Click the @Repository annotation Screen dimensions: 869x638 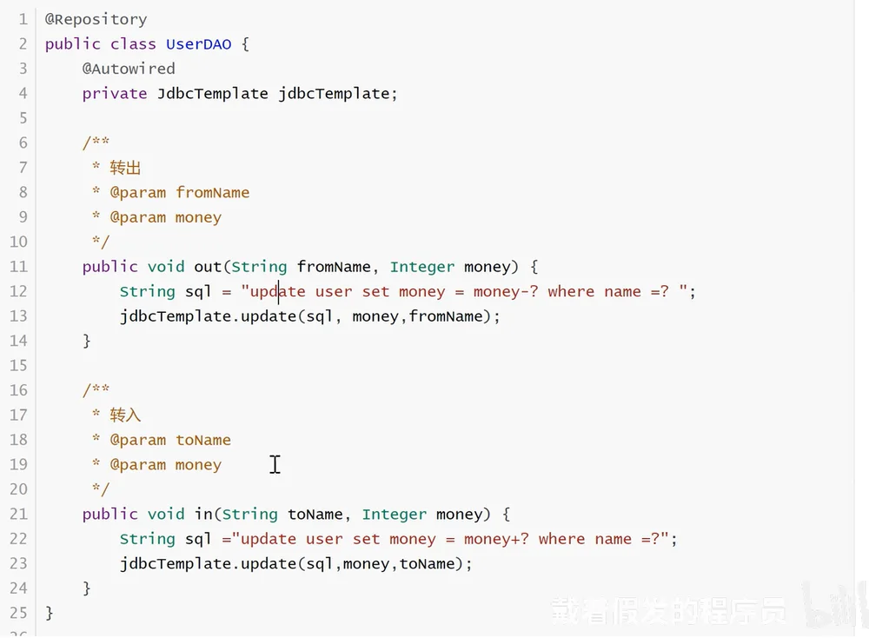(96, 19)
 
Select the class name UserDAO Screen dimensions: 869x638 (198, 43)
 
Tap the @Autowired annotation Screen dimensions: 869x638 (129, 69)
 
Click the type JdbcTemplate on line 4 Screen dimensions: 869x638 (212, 93)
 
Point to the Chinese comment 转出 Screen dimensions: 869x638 (125, 168)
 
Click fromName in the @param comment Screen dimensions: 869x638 (212, 192)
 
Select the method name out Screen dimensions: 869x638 (208, 267)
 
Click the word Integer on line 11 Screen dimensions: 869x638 (421, 267)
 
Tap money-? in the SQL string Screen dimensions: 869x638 (506, 291)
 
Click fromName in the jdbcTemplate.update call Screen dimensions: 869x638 (446, 316)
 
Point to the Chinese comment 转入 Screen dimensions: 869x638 (125, 415)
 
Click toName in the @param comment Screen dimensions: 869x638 (202, 440)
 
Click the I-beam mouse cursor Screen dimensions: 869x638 (275, 464)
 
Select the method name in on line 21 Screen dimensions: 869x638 (203, 514)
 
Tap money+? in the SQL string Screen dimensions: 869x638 (496, 539)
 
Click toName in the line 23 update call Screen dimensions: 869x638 (427, 564)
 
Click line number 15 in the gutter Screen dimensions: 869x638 (18, 366)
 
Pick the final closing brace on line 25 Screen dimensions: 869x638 (50, 613)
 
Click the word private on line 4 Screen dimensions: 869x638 (114, 93)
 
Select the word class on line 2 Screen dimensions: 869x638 (133, 43)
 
